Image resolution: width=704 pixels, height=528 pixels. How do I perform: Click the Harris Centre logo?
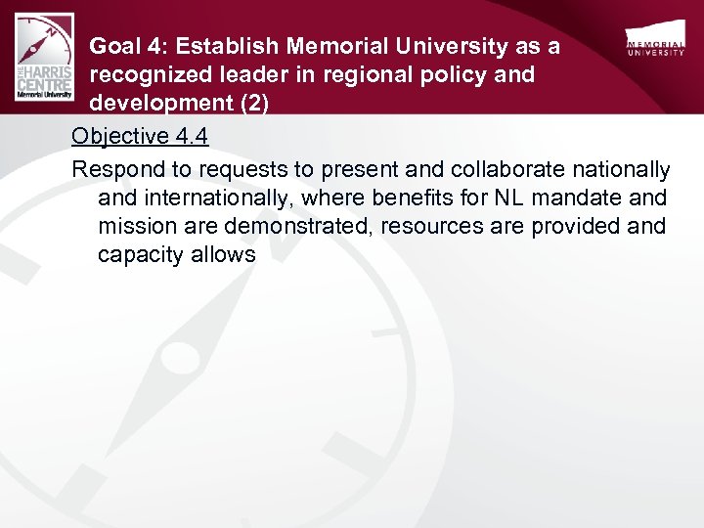coord(44,57)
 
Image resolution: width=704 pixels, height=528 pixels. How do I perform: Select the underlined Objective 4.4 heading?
coord(140,136)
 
